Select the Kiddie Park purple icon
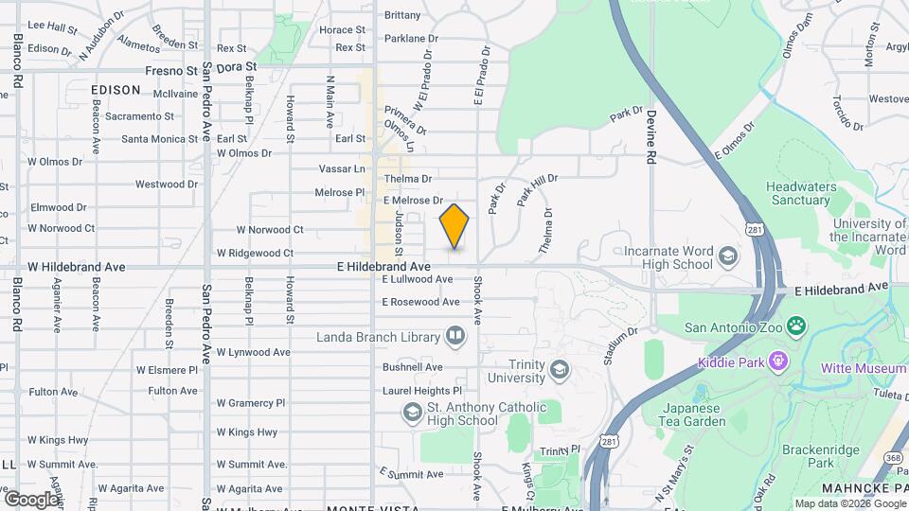pyautogui.click(x=778, y=361)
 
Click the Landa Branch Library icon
pyautogui.click(x=455, y=336)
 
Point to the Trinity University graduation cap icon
pyautogui.click(x=560, y=369)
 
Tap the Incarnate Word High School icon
pyautogui.click(x=727, y=257)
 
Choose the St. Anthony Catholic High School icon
pyautogui.click(x=412, y=412)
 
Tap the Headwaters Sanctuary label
pyautogui.click(x=800, y=193)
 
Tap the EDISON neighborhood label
pyautogui.click(x=116, y=90)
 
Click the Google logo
pyautogui.click(x=31, y=499)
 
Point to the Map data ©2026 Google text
pyautogui.click(x=849, y=503)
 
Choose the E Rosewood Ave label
pyautogui.click(x=425, y=302)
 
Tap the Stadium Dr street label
pyautogui.click(x=619, y=346)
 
